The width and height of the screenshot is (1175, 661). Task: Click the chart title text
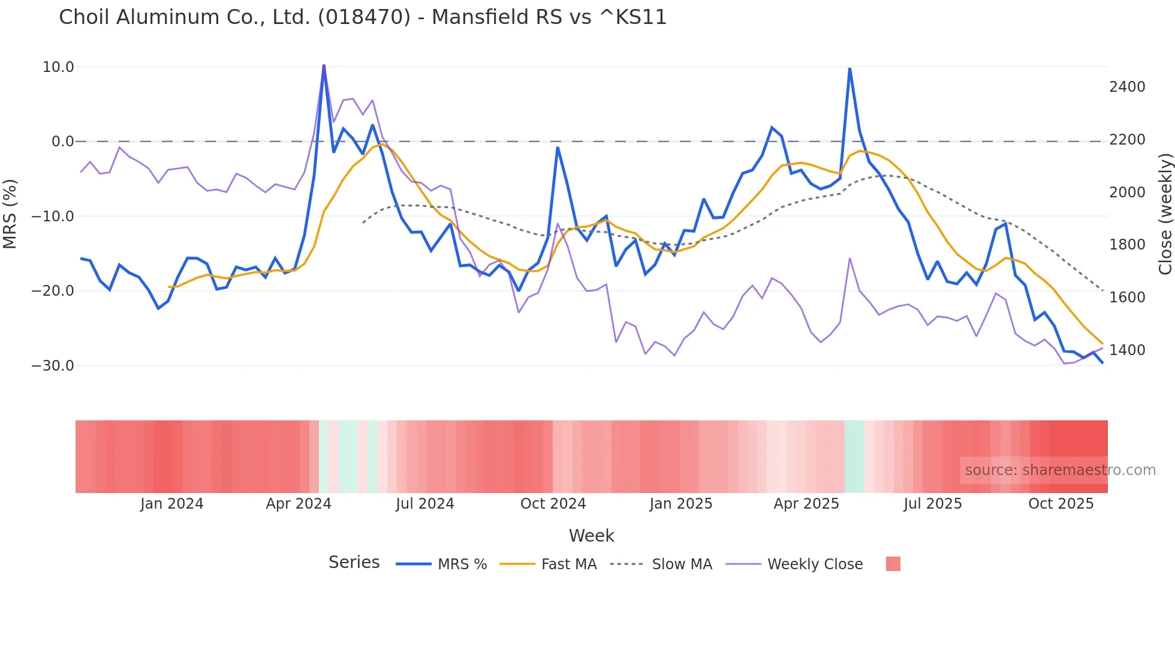pyautogui.click(x=363, y=17)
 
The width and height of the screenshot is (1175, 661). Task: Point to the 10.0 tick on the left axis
pyautogui.click(x=58, y=67)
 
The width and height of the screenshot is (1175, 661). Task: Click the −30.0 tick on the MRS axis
pyautogui.click(x=53, y=366)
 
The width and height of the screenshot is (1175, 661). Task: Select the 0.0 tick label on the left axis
pyautogui.click(x=62, y=142)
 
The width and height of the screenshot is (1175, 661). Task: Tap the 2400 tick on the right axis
pyautogui.click(x=1127, y=87)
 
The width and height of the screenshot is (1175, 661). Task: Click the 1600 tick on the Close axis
pyautogui.click(x=1127, y=298)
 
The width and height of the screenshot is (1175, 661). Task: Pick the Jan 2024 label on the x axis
pyautogui.click(x=171, y=504)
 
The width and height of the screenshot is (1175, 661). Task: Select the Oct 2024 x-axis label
pyautogui.click(x=553, y=504)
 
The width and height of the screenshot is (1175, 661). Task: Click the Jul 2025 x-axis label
pyautogui.click(x=932, y=504)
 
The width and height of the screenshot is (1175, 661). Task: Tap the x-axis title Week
pyautogui.click(x=591, y=536)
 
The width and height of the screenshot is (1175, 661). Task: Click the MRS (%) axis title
pyautogui.click(x=10, y=214)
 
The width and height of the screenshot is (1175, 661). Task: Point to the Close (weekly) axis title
pyautogui.click(x=1165, y=214)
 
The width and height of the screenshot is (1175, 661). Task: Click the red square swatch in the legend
pyautogui.click(x=893, y=564)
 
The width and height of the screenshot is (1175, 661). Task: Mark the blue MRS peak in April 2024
pyautogui.click(x=324, y=65)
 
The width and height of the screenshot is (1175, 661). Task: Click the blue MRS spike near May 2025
pyautogui.click(x=849, y=69)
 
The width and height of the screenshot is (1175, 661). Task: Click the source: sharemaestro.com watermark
pyautogui.click(x=1060, y=470)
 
